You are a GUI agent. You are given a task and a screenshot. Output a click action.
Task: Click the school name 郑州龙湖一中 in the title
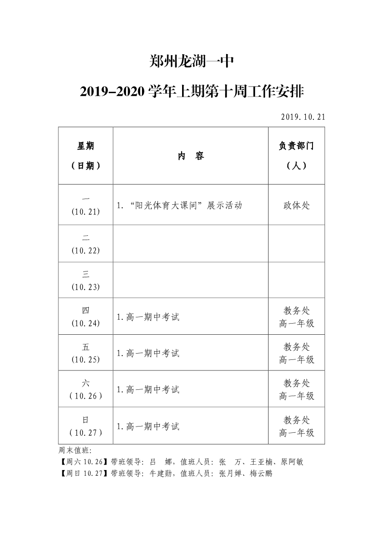(192, 62)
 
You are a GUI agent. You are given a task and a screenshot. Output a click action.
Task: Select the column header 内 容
(190, 156)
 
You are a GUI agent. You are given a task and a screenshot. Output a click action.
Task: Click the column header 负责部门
(296, 146)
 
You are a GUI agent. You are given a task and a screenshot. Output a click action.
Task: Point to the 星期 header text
(85, 146)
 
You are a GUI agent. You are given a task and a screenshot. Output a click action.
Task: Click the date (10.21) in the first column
(85, 212)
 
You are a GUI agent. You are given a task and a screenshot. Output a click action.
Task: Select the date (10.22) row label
(85, 250)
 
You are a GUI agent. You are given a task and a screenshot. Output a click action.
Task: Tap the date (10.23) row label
(85, 287)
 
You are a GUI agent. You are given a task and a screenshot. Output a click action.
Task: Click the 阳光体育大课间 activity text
(169, 205)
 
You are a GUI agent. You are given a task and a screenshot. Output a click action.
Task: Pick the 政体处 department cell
(296, 205)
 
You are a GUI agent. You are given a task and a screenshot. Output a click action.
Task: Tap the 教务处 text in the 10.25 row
(296, 347)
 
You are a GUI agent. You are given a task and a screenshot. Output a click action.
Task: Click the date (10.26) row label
(85, 396)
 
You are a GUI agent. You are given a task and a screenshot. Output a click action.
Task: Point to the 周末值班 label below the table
(71, 450)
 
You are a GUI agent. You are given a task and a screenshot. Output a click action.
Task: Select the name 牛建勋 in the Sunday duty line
(162, 473)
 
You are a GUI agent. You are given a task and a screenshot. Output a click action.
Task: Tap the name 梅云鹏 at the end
(261, 473)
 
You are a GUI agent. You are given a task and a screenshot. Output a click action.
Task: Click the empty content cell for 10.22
(190, 243)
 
